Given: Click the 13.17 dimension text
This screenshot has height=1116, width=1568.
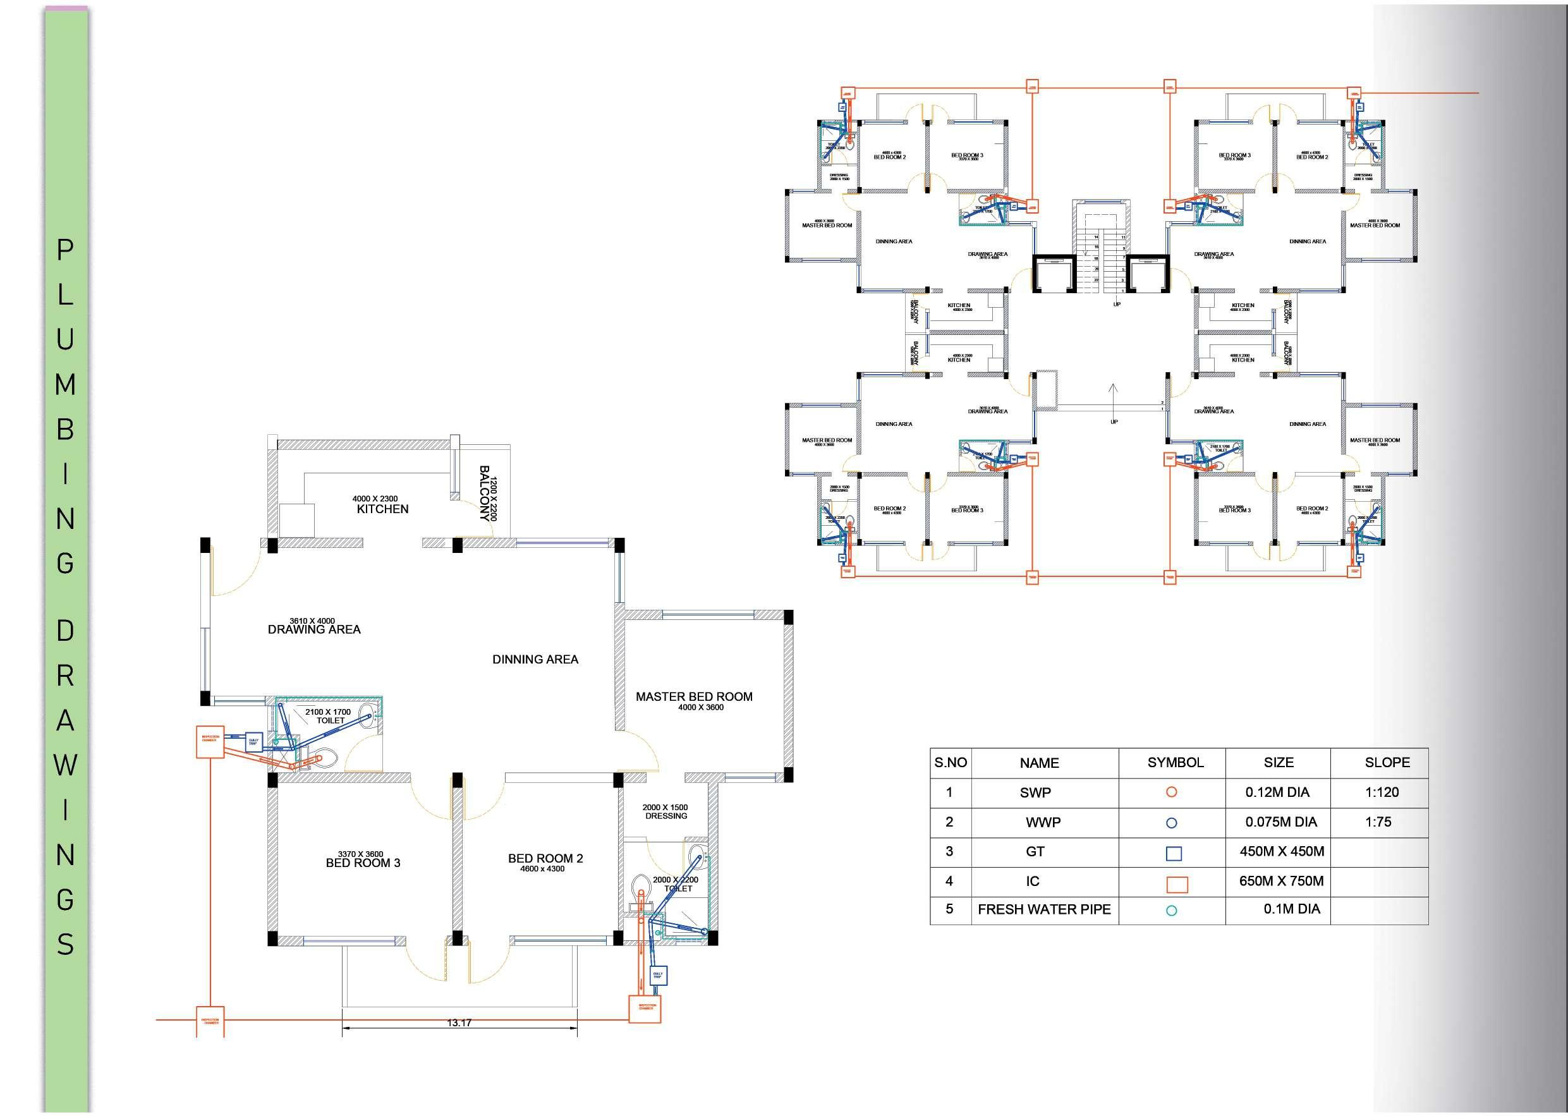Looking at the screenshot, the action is point(459,1022).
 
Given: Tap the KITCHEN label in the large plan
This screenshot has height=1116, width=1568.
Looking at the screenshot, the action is point(383,509).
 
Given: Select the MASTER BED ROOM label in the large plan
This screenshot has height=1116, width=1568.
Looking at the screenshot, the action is point(694,697).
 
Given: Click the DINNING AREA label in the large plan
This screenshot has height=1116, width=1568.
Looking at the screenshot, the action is point(535,660).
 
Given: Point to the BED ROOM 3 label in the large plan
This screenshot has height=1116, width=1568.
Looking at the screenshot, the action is point(363,863).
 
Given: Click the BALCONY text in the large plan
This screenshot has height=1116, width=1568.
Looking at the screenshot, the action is point(485,494).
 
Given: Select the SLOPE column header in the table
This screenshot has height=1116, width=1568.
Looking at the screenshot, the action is point(1387,763).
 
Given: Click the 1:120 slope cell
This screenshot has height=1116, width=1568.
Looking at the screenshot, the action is point(1382,792).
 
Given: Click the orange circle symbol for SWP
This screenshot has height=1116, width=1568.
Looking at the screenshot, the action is point(1172,792).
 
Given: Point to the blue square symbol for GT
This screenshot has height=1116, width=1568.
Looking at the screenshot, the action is point(1174,854).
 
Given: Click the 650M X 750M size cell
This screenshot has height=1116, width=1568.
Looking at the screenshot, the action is point(1281,881).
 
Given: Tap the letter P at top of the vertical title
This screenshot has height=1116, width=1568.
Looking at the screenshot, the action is point(64,250).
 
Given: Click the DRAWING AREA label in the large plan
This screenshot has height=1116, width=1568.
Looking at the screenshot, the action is point(314,629).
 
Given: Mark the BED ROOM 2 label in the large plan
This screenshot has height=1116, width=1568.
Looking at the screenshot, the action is point(545,858).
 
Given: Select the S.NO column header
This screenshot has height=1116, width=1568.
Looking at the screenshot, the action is point(951,763).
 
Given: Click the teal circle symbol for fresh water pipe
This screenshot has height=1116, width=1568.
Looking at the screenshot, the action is point(1172,911).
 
